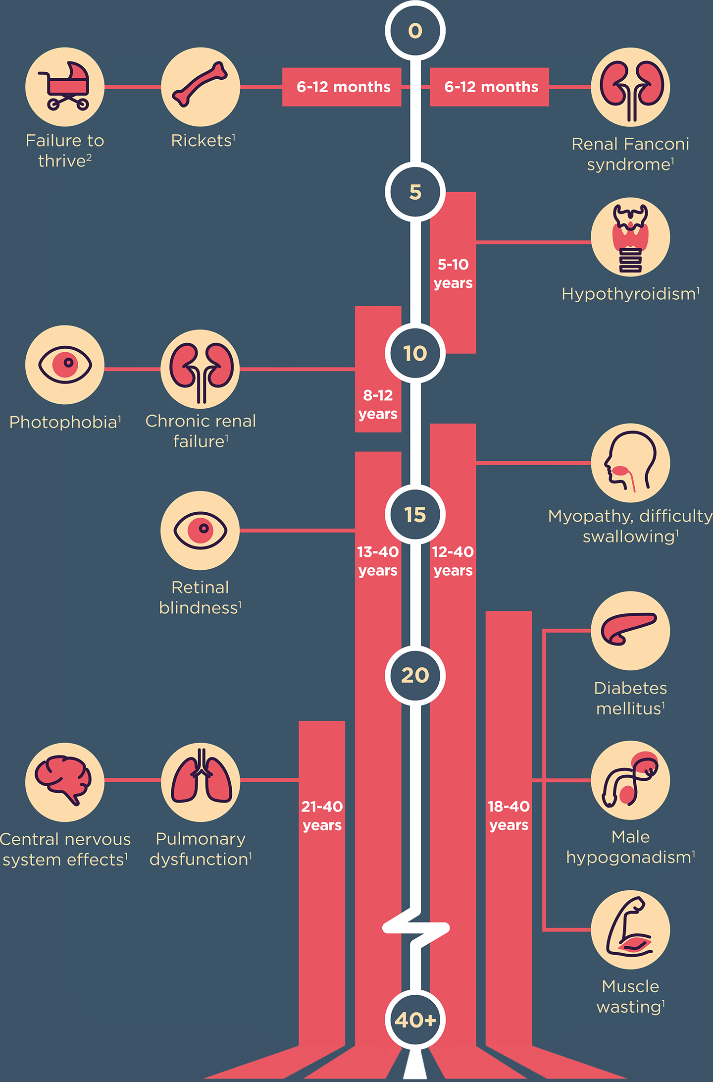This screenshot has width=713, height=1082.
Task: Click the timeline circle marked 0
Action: (x=415, y=31)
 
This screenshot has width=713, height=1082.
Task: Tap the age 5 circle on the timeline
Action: (x=415, y=192)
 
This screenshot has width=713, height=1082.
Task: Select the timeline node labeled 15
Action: (x=415, y=514)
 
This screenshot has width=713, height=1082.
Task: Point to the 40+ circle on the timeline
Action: (x=415, y=1020)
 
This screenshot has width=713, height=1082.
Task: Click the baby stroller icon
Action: (x=65, y=87)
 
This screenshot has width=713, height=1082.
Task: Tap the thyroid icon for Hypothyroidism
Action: (x=630, y=237)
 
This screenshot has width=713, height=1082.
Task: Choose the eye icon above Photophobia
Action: (x=65, y=365)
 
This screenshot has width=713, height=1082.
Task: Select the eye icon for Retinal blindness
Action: (x=200, y=531)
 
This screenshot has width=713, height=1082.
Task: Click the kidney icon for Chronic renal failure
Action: (x=201, y=369)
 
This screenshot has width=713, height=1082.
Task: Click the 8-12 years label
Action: (x=378, y=404)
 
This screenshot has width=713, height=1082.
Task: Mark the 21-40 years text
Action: (x=322, y=815)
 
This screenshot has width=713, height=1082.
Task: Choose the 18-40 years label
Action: (x=509, y=815)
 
